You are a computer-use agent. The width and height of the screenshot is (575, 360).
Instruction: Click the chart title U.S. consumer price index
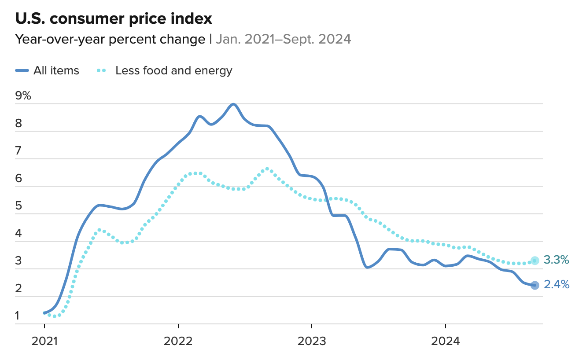pyautogui.click(x=114, y=18)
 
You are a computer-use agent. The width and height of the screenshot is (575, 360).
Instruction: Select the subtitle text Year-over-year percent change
pyautogui.click(x=110, y=39)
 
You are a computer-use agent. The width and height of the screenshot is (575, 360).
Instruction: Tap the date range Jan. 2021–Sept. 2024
pyautogui.click(x=283, y=39)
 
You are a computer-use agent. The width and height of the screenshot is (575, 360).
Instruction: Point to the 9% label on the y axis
pyautogui.click(x=23, y=96)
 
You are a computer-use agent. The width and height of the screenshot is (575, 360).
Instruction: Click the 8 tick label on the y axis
pyautogui.click(x=18, y=124)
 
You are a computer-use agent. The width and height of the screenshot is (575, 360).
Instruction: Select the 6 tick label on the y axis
pyautogui.click(x=18, y=179)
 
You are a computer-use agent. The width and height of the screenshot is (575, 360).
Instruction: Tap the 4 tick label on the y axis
pyautogui.click(x=18, y=234)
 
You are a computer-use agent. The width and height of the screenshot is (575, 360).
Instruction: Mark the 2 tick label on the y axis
pyautogui.click(x=18, y=289)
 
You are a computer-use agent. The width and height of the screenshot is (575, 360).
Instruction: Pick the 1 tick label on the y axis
pyautogui.click(x=18, y=316)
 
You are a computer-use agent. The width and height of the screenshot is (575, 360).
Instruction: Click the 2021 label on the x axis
pyautogui.click(x=44, y=341)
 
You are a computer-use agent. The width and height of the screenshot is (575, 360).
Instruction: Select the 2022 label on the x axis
pyautogui.click(x=178, y=341)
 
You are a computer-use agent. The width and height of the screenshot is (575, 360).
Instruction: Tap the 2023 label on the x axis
pyautogui.click(x=312, y=341)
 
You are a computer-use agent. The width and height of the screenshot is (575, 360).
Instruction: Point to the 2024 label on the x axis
pyautogui.click(x=445, y=341)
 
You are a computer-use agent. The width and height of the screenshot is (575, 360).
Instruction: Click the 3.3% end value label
pyautogui.click(x=557, y=260)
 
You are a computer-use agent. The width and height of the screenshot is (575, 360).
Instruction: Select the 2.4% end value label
pyautogui.click(x=557, y=285)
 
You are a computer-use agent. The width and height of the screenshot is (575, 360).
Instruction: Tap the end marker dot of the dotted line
pyautogui.click(x=534, y=261)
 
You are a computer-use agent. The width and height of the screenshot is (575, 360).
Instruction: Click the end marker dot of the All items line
pyautogui.click(x=534, y=285)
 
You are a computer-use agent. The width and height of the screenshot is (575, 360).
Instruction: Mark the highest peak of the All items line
pyautogui.click(x=233, y=104)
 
